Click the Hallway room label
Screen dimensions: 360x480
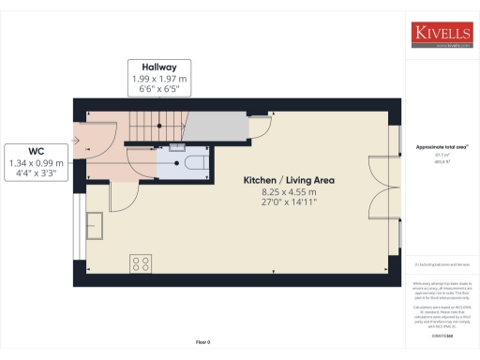(x=159, y=67)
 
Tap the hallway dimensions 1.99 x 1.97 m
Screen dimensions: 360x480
(x=159, y=79)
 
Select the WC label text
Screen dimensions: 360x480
(x=37, y=151)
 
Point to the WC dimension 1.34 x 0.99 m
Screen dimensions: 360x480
(x=37, y=163)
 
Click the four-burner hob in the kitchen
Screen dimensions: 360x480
(x=142, y=262)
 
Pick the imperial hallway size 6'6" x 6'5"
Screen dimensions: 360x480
(x=159, y=90)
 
